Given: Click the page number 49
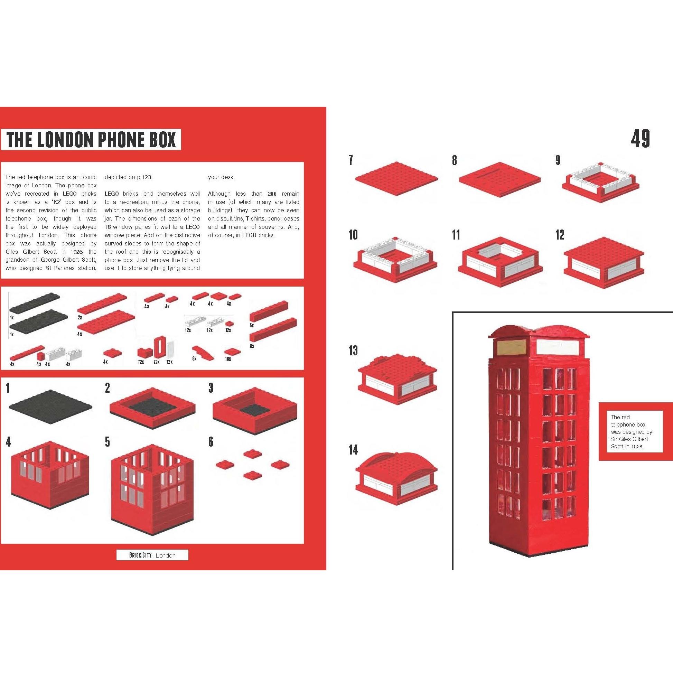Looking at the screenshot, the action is [x=640, y=139].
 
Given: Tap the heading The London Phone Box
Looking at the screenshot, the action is [x=91, y=139].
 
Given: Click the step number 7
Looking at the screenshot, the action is [x=351, y=160].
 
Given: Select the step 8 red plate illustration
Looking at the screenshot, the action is [x=499, y=178].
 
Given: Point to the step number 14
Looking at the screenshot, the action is [x=353, y=450].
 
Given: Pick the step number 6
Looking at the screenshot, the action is [x=211, y=442].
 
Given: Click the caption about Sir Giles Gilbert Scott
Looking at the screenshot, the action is [x=632, y=432].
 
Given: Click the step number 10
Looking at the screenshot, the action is [x=353, y=235].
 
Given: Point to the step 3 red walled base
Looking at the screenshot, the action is [x=255, y=412].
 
